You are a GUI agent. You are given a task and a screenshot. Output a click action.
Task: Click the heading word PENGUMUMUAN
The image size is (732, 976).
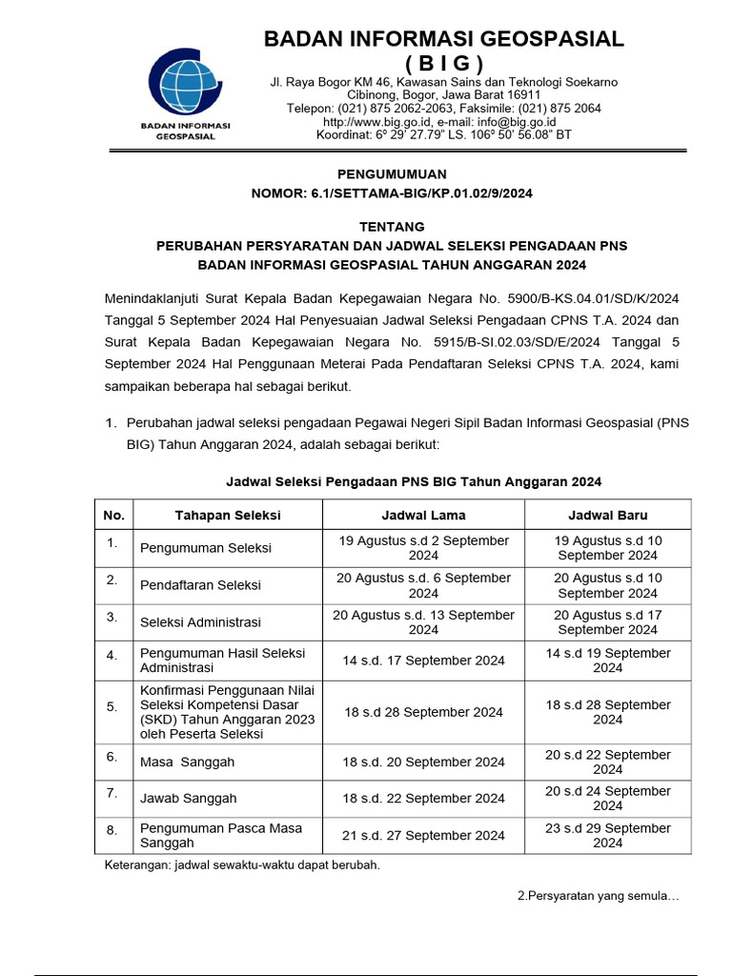point(392,173)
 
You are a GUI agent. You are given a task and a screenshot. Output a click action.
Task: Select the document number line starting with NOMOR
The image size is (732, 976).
point(392,193)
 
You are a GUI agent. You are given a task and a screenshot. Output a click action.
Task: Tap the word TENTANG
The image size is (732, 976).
point(392,227)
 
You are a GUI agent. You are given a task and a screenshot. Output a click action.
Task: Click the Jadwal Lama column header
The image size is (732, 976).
point(423,515)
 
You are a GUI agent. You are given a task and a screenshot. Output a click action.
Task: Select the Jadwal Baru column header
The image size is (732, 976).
point(607,515)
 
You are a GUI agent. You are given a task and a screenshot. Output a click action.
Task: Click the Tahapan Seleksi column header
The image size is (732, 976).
point(227,515)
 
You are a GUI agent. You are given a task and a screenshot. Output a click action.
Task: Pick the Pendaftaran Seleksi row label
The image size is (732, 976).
point(200,585)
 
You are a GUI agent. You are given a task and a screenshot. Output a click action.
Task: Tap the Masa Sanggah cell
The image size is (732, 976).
point(187,762)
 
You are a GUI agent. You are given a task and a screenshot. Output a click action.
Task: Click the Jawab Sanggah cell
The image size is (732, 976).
point(188,799)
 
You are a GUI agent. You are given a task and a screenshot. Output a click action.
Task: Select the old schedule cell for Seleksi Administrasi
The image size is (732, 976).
point(423,622)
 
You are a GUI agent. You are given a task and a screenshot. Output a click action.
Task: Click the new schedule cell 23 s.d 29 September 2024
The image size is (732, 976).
point(607,836)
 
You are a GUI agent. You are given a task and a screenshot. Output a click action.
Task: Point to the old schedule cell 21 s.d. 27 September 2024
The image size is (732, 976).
point(423,836)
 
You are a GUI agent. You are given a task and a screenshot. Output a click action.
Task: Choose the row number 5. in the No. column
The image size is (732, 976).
point(112,706)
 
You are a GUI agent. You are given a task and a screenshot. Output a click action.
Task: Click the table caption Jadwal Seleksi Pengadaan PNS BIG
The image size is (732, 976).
point(413,482)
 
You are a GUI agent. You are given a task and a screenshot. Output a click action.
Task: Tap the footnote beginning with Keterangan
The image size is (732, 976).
point(241,865)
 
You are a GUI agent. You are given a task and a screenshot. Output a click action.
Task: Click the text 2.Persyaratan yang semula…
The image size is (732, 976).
point(598,896)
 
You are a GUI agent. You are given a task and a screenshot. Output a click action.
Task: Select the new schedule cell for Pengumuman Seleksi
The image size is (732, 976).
point(607,548)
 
